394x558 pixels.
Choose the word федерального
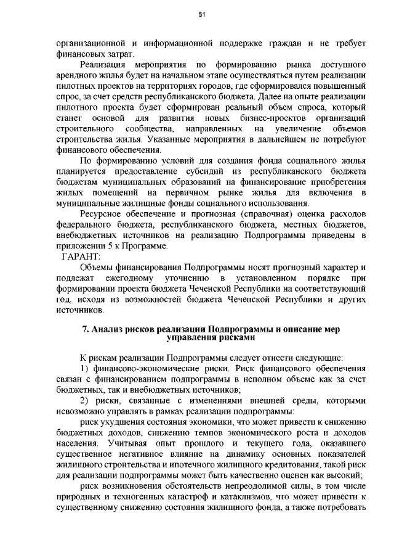[x=82, y=225]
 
